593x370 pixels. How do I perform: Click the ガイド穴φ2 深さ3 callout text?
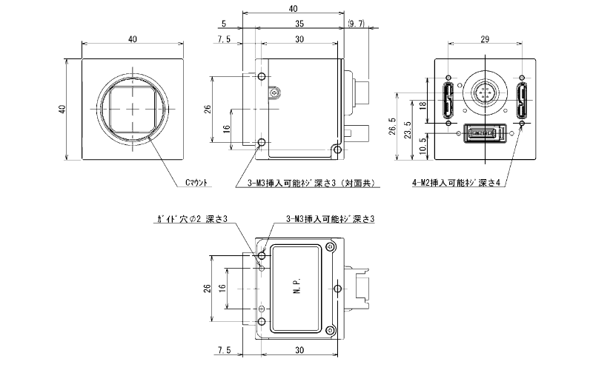point(192,220)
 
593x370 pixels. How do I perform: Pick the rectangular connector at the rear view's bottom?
point(486,134)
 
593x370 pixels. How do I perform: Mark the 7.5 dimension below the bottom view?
point(225,349)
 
